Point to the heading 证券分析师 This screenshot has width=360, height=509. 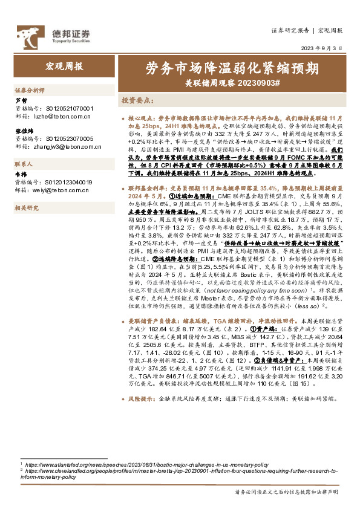pyautogui.click(x=30, y=89)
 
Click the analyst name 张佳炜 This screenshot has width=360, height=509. pyautogui.click(x=24, y=130)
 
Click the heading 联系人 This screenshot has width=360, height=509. pyautogui.click(x=25, y=164)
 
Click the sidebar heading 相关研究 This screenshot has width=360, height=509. pyautogui.click(x=27, y=208)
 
